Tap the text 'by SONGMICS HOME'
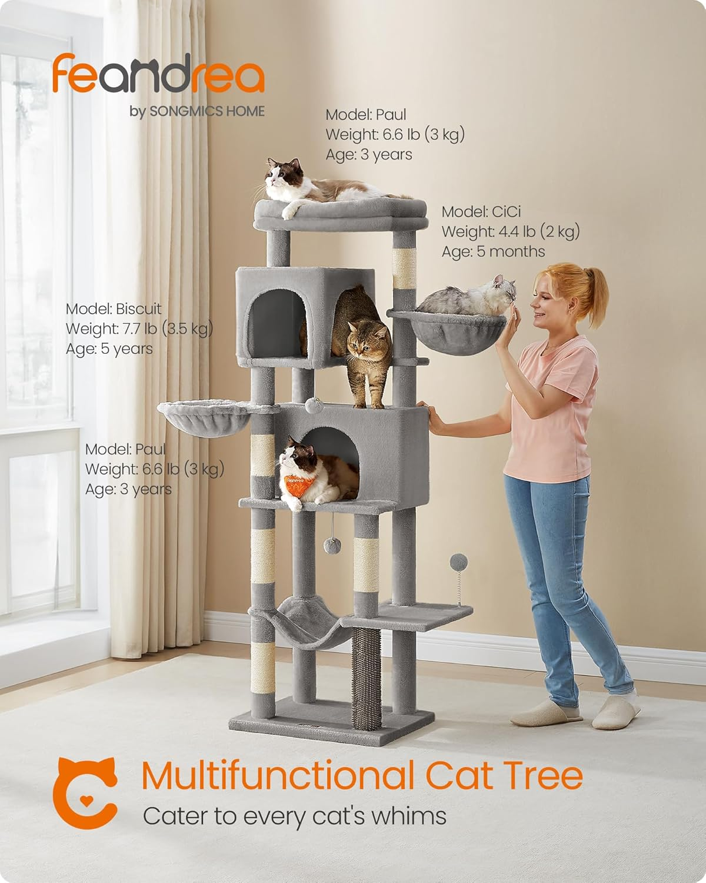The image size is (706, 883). [x=197, y=111]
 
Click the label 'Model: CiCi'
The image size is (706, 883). [x=481, y=212]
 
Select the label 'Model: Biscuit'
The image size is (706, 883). [x=114, y=308]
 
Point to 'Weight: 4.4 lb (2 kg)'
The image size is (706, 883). [x=511, y=231]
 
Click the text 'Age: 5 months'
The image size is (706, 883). [x=494, y=251]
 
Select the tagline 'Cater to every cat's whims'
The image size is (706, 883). [x=295, y=816]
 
